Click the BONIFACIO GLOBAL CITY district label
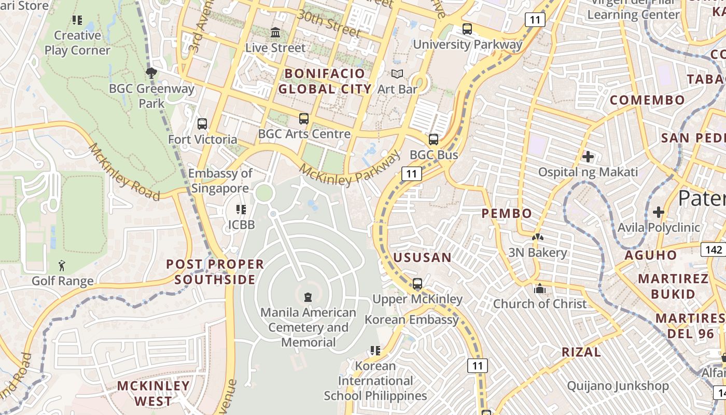tap(325, 81)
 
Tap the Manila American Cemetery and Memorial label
tap(309, 327)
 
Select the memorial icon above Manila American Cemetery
tap(309, 297)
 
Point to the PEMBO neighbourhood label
tap(507, 213)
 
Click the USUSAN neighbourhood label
tap(422, 257)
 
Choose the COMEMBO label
tap(647, 100)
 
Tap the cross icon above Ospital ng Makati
tap(588, 156)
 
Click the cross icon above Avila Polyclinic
tap(659, 212)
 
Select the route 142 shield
tap(714, 250)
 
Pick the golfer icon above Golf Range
tap(62, 266)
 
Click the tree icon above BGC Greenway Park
tap(151, 73)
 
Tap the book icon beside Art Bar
tap(397, 74)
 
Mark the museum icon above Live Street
tap(275, 33)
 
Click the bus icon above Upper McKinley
tap(417, 284)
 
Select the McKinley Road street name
tap(124, 172)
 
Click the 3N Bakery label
tap(537, 253)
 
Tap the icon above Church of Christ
tap(540, 288)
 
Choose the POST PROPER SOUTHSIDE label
tap(215, 272)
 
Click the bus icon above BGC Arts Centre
tap(304, 119)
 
